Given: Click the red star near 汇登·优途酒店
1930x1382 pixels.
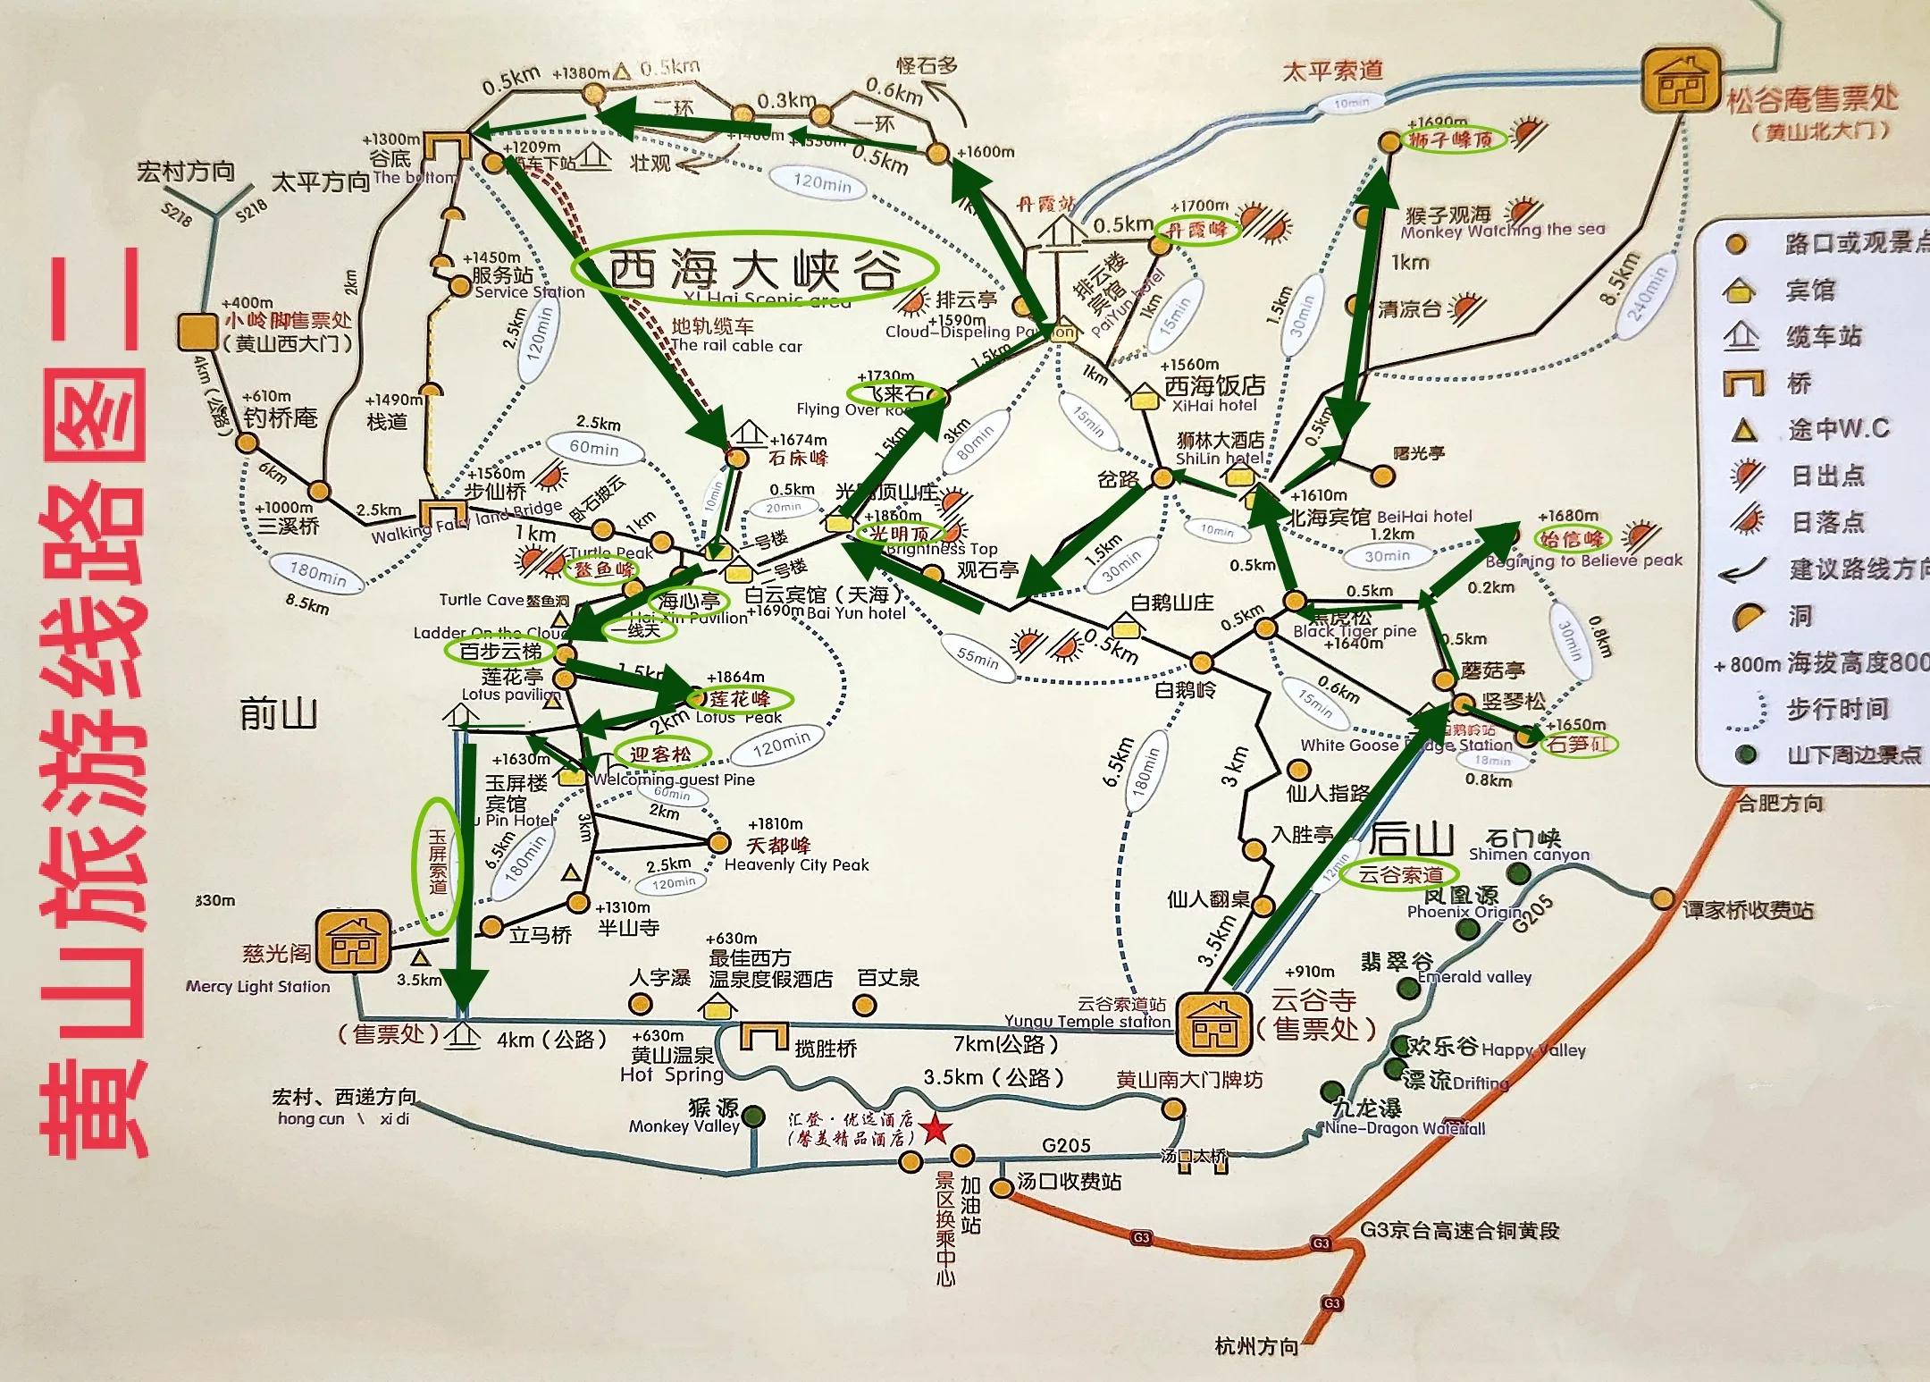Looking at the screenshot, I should click(x=936, y=1129).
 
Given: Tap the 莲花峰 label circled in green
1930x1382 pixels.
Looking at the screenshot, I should click(x=739, y=698).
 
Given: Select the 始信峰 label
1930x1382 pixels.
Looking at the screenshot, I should click(x=1570, y=539).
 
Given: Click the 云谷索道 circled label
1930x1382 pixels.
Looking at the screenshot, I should click(x=1401, y=874).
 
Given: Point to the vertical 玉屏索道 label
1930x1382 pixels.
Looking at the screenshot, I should click(x=438, y=862).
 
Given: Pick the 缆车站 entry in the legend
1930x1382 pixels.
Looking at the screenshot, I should click(x=1823, y=337).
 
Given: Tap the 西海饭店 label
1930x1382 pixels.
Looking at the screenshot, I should click(x=1214, y=385).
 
